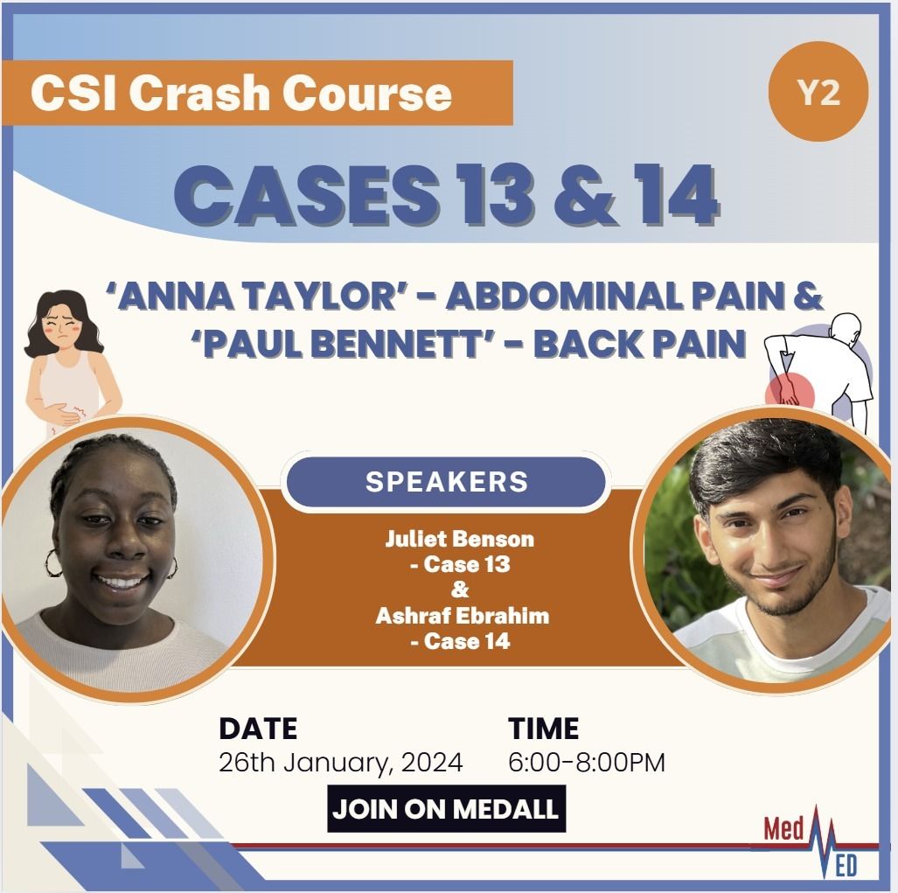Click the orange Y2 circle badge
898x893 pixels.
[819, 92]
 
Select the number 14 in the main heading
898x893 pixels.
[676, 195]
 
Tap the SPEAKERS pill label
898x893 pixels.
[447, 482]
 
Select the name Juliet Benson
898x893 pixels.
[459, 539]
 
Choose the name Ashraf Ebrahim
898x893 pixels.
[463, 616]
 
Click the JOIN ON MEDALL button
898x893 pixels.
[446, 809]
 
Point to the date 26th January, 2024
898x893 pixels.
[341, 763]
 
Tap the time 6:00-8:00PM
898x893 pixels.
[587, 763]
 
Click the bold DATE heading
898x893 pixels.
[258, 729]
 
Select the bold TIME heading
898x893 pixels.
[543, 729]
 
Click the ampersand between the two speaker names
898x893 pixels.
[460, 590]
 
